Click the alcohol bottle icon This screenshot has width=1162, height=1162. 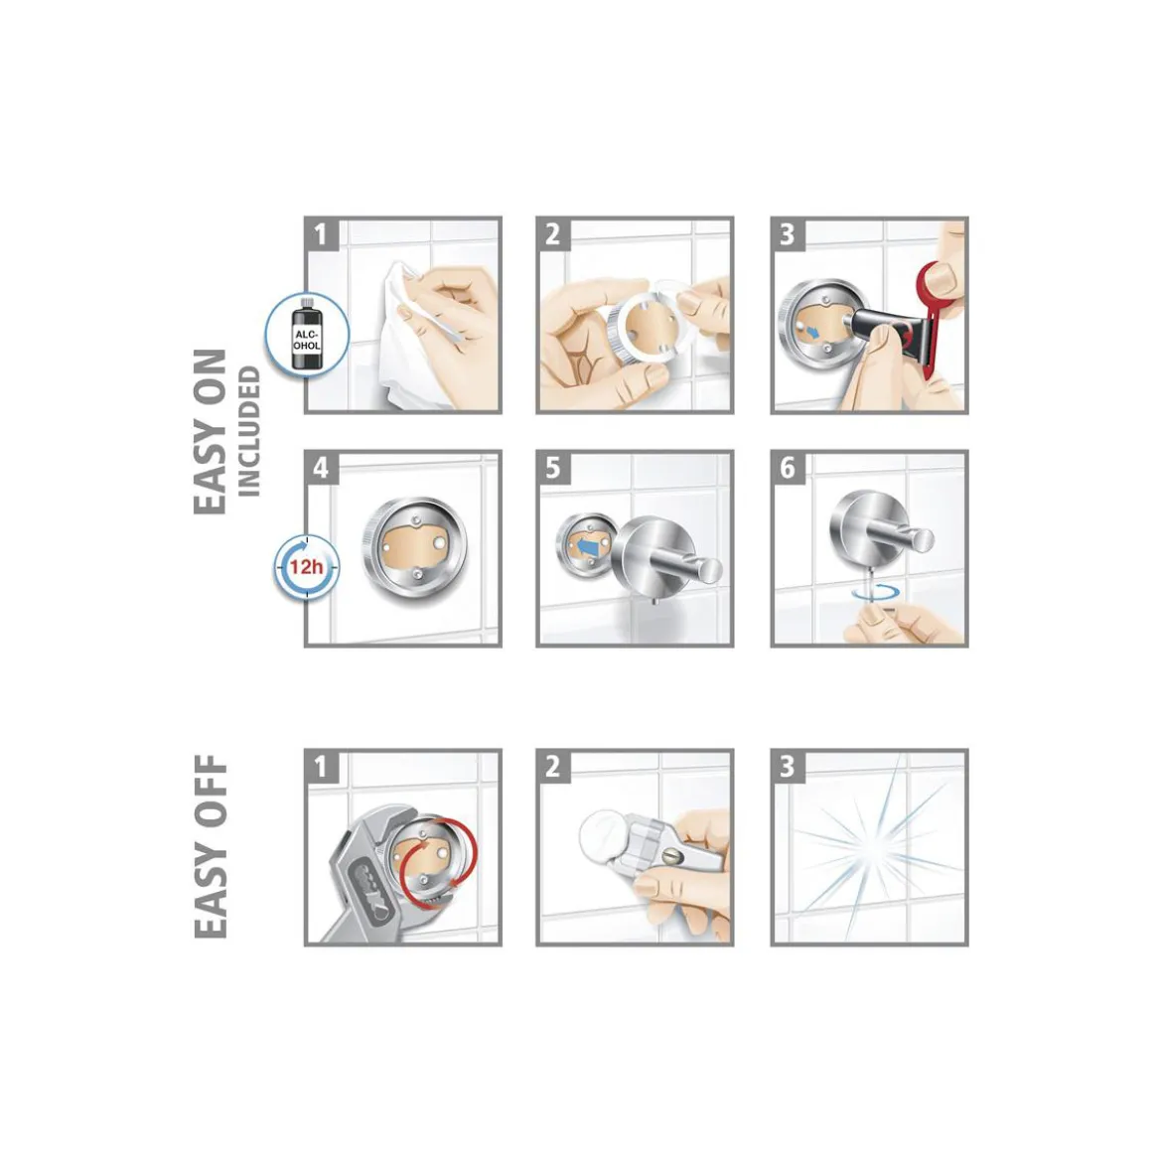coord(307,334)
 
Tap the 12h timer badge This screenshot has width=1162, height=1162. coord(306,567)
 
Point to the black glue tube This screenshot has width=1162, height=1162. coord(886,330)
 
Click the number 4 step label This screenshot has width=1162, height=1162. coord(321,468)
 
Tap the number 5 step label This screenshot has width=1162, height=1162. coord(553,468)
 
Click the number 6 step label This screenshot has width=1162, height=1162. coord(787,468)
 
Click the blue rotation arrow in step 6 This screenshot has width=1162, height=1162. coord(875,593)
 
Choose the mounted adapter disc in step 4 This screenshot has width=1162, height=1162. coord(415,549)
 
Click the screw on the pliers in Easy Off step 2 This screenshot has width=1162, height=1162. coord(670,856)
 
